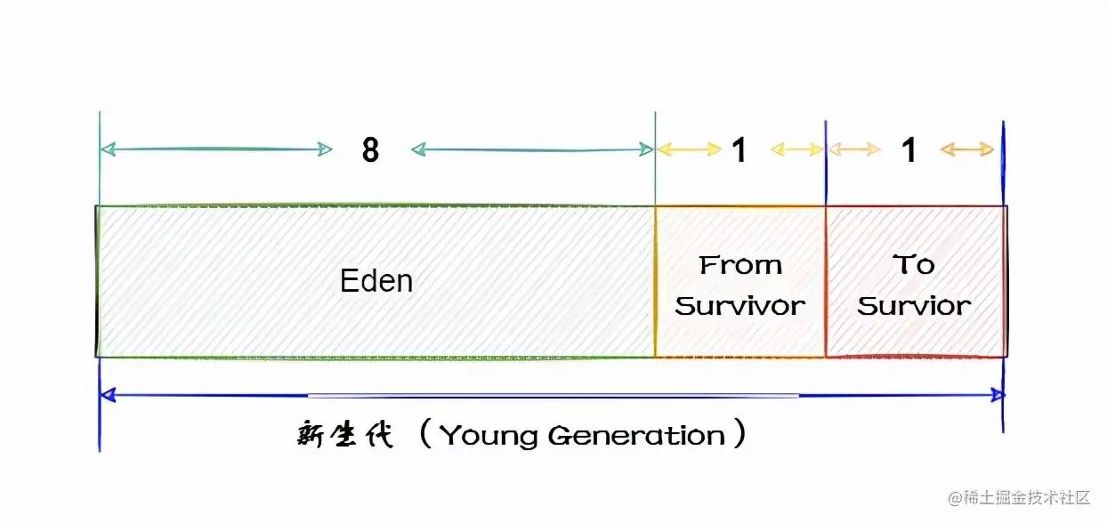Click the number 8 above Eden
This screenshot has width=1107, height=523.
coord(370,150)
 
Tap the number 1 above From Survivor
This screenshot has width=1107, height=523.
coord(739,150)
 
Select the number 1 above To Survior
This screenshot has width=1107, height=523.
coord(909,150)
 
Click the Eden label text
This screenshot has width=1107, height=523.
coord(376,281)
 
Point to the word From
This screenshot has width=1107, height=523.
coord(740,264)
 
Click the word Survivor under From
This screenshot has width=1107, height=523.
coord(740,306)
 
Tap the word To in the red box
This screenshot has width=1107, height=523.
coord(914,264)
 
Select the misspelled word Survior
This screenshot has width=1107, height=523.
coord(914,306)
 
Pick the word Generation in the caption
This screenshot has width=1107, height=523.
coord(636,436)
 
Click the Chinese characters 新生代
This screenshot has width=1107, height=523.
coord(344,436)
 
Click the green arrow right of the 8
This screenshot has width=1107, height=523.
coord(532,149)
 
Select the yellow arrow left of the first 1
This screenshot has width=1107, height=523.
coord(689,149)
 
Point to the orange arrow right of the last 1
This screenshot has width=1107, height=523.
coord(967,149)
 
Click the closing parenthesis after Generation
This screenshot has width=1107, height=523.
coord(739,436)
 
